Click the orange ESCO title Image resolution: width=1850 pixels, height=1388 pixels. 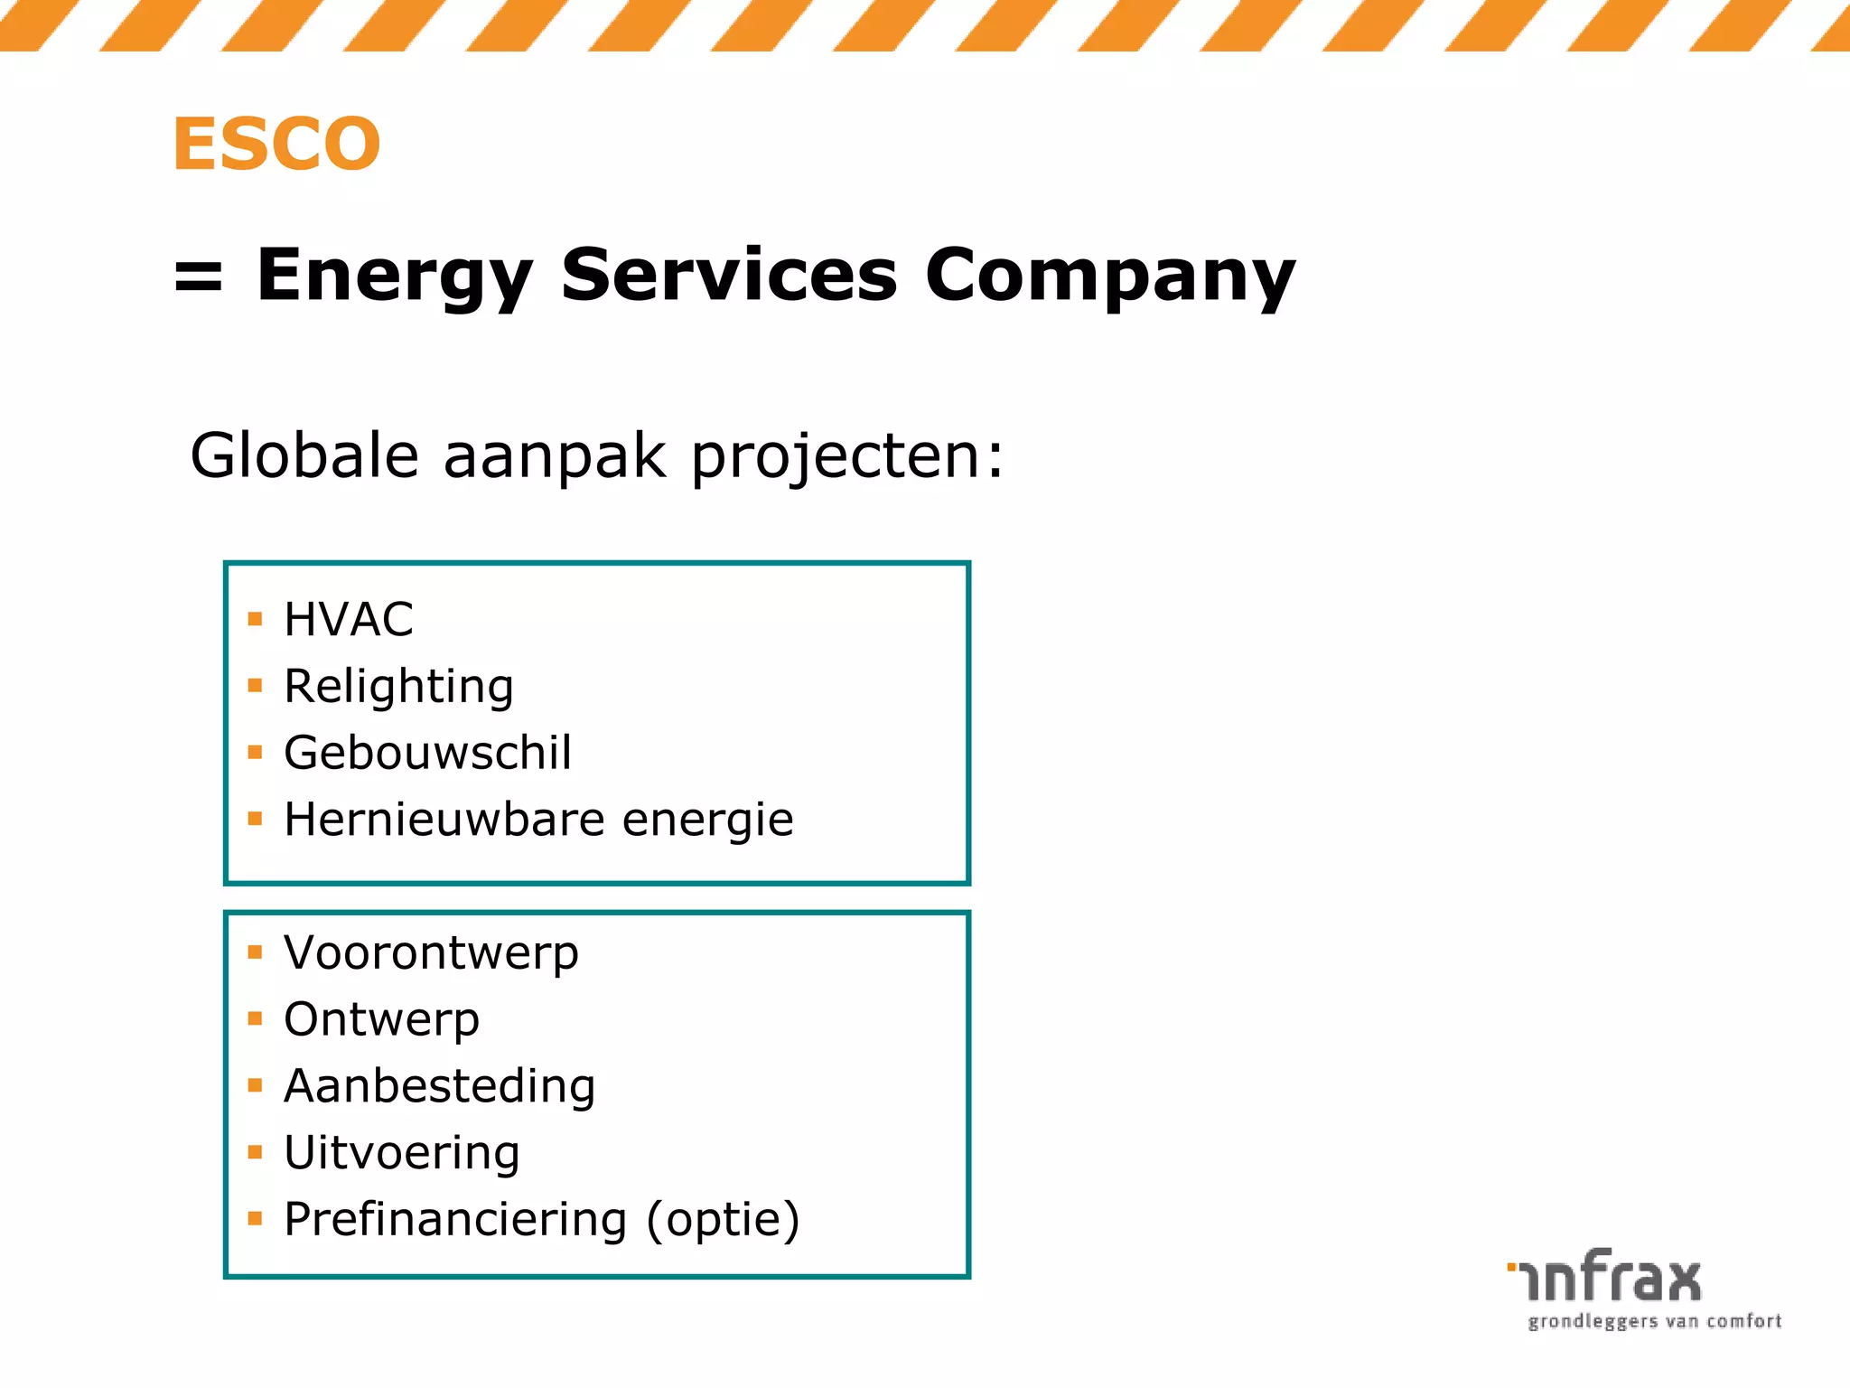(276, 144)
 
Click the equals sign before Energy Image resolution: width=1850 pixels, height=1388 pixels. (198, 276)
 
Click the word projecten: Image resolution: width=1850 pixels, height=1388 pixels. (846, 456)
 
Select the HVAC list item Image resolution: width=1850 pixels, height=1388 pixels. (348, 620)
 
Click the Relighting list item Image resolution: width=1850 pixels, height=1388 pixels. (398, 687)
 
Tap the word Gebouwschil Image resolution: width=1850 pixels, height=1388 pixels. (427, 753)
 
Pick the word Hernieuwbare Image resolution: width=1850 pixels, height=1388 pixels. (444, 820)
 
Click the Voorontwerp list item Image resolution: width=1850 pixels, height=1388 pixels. (431, 953)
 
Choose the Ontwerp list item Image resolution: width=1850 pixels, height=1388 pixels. (381, 1020)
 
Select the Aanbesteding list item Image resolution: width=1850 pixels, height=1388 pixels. (439, 1086)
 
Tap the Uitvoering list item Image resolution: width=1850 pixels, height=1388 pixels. (401, 1153)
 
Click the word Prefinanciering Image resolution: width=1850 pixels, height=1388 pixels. (455, 1220)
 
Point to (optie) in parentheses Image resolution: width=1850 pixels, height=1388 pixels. (723, 1220)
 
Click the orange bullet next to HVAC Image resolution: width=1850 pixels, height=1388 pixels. (255, 620)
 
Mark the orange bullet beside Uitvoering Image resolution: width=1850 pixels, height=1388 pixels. (255, 1152)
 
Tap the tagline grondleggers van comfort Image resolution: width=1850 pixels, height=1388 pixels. (1654, 1322)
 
